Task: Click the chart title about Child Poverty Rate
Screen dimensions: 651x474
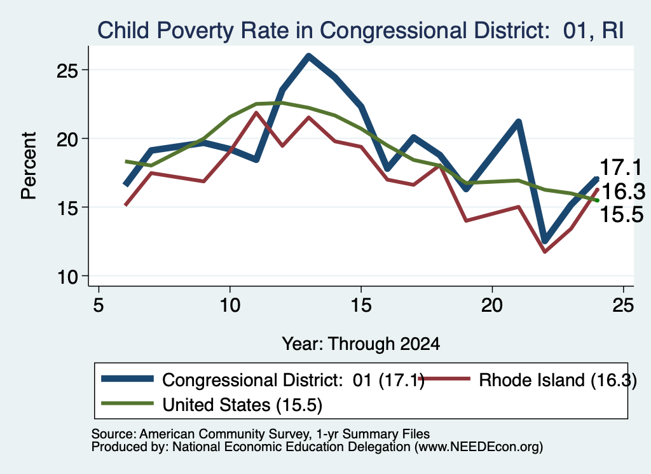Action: click(x=360, y=31)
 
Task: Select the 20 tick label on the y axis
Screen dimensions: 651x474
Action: click(x=67, y=139)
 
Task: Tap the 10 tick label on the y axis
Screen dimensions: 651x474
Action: click(x=67, y=277)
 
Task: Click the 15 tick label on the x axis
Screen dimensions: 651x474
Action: click(x=361, y=305)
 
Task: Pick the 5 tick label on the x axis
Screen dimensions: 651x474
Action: click(x=99, y=305)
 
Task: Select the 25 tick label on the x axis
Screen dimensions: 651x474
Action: click(x=623, y=305)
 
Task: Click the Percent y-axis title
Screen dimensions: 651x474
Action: click(x=29, y=165)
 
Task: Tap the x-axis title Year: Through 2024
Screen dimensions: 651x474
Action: click(x=361, y=344)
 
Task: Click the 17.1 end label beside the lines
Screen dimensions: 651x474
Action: click(x=621, y=167)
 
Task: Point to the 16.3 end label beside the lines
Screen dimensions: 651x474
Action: click(x=623, y=192)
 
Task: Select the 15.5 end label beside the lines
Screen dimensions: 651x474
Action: click(x=622, y=215)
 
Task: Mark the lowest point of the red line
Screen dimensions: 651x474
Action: click(x=545, y=251)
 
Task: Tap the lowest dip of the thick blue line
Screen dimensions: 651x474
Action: click(x=545, y=241)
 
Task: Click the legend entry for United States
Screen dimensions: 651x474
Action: click(x=212, y=404)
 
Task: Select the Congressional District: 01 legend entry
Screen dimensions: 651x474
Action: click(x=263, y=380)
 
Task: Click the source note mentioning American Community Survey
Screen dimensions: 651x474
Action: click(x=260, y=434)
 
